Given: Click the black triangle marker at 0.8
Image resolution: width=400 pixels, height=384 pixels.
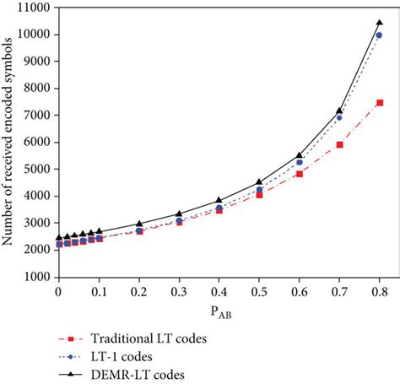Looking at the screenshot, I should tap(379, 22).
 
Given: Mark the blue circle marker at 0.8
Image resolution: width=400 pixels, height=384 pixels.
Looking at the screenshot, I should tap(379, 35).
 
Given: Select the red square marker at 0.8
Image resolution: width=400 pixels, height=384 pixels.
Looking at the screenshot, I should tap(379, 103).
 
